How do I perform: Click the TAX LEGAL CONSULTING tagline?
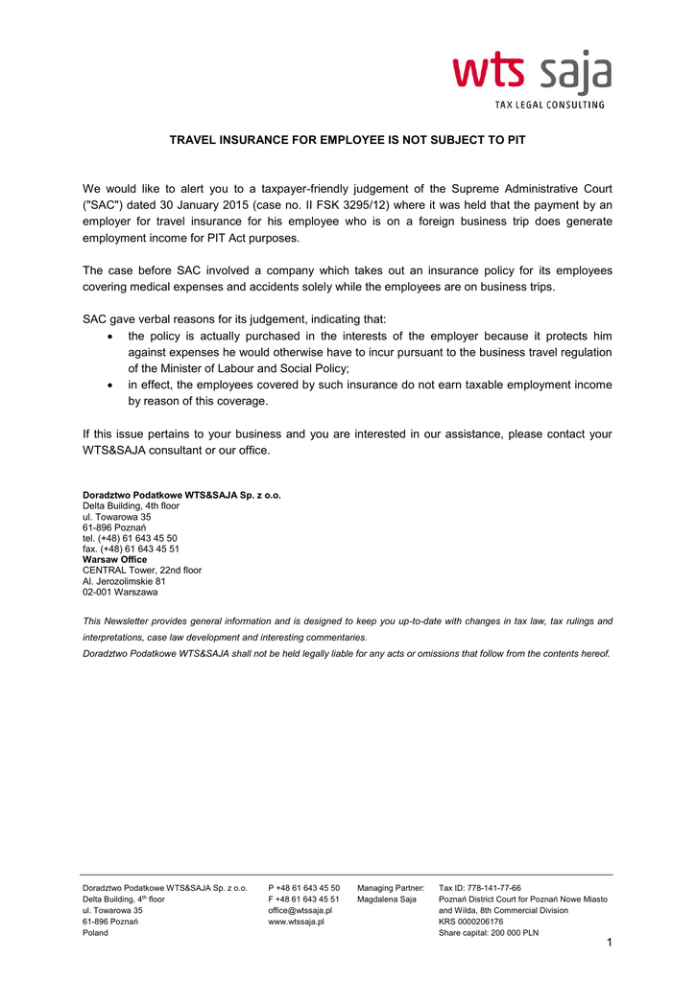pos(549,105)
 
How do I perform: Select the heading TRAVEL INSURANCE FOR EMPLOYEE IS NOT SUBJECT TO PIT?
pos(348,140)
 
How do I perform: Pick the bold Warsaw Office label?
pos(114,559)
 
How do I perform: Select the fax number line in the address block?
pos(131,549)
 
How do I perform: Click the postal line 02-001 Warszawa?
pos(120,592)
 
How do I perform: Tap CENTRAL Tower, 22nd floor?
pos(142,570)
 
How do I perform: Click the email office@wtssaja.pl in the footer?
pos(300,910)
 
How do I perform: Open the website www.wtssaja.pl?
pos(296,922)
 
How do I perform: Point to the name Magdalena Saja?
pos(386,900)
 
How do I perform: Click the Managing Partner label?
pos(391,888)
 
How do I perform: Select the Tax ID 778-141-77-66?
pos(480,888)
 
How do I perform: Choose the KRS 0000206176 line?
pos(470,922)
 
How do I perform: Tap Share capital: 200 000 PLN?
pos(489,932)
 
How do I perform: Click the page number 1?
pos(609,943)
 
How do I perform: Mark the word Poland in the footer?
pos(95,932)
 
